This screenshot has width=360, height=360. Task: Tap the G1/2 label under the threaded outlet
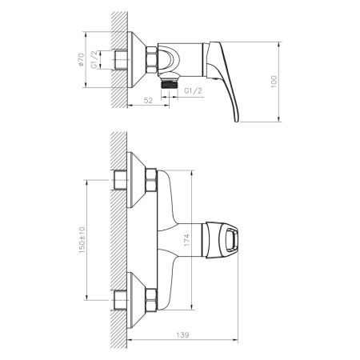(192, 91)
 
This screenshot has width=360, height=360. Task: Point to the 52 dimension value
(149, 100)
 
